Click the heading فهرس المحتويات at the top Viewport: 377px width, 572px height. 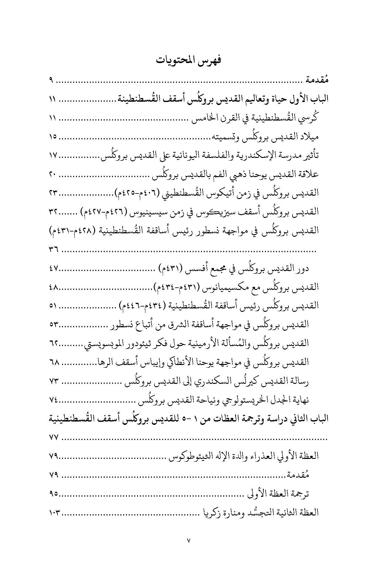188,60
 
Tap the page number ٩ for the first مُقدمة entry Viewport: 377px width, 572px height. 51,81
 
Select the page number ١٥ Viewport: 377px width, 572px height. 53,137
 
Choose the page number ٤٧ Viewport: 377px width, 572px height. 53,268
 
